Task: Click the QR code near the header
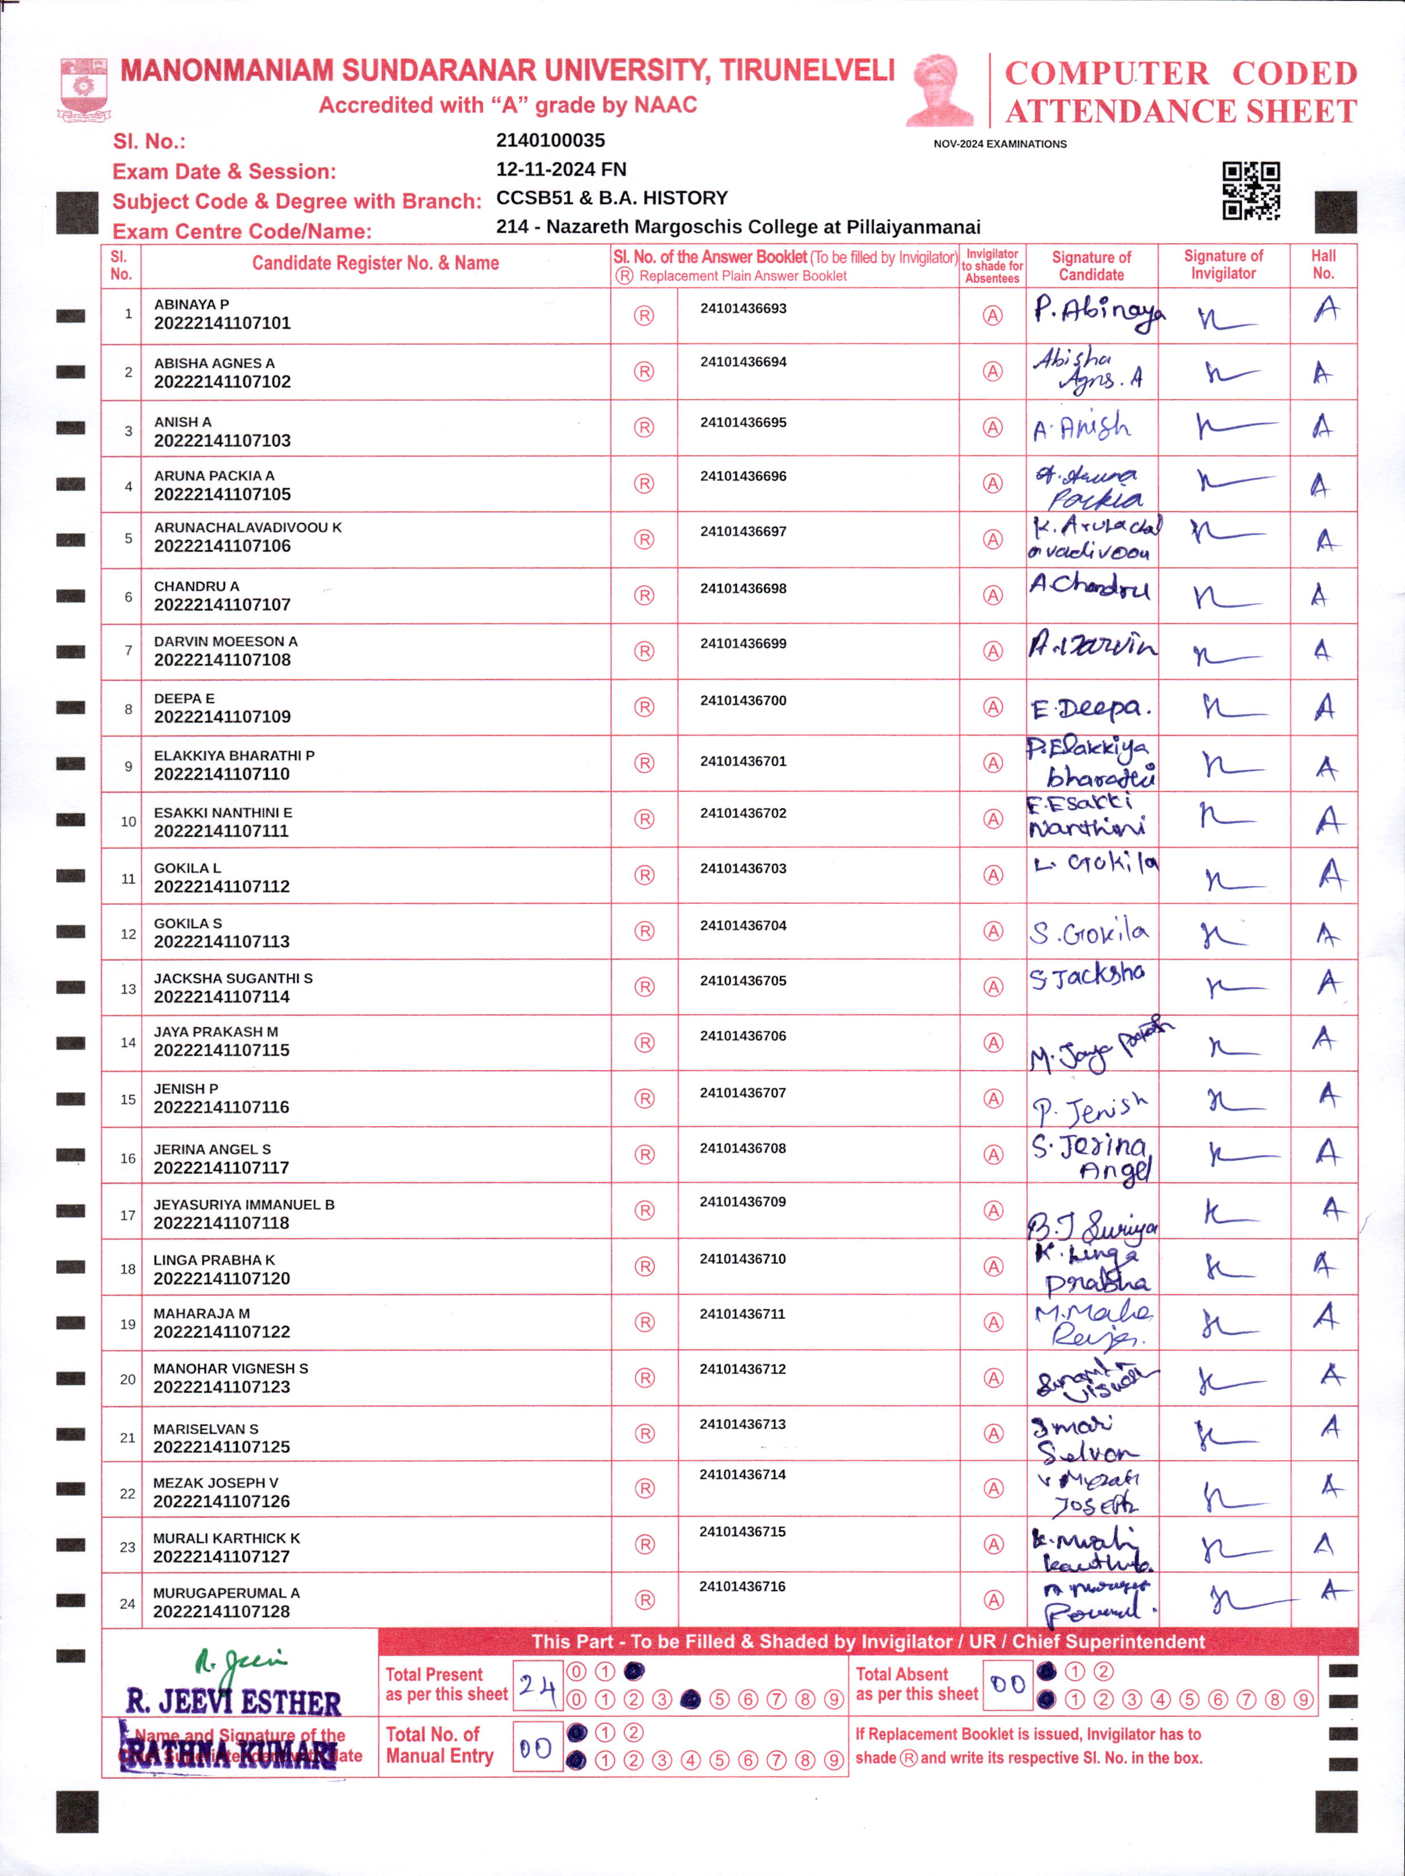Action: pos(1250,191)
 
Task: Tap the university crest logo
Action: pos(83,88)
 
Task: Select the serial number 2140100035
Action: pos(550,141)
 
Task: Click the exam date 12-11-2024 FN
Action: pos(560,169)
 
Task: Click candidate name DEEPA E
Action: pos(184,699)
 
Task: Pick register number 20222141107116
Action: pos(221,1107)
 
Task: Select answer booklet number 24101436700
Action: pos(743,700)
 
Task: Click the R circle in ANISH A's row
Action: pos(645,428)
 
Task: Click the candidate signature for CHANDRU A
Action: pos(1091,586)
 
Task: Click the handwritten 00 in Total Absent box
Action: pos(1007,1684)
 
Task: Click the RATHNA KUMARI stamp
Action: pos(229,1755)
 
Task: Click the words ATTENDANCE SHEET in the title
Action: pos(1180,111)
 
